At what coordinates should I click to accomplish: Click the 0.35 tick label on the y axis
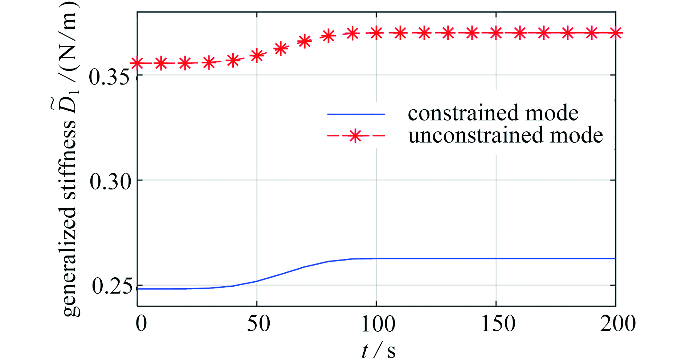click(109, 77)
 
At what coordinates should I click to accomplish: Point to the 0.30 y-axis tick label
click(110, 181)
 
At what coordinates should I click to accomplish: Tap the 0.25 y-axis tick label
click(111, 286)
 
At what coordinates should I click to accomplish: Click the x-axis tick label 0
click(141, 323)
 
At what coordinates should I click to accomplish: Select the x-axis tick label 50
click(258, 323)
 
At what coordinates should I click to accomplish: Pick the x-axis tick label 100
click(378, 323)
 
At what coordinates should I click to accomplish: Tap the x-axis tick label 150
click(498, 323)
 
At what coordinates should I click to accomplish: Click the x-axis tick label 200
click(618, 323)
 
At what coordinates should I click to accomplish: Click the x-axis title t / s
click(379, 350)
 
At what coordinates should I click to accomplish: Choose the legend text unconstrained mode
click(505, 135)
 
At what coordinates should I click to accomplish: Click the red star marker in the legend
click(355, 136)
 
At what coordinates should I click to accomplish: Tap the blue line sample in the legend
click(356, 114)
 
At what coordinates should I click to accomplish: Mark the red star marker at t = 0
click(137, 64)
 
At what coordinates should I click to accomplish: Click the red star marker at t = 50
click(257, 56)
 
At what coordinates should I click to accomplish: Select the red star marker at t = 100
click(376, 33)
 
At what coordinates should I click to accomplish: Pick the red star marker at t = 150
click(496, 33)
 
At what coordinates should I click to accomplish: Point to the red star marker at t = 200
click(616, 33)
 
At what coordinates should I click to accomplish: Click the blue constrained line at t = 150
click(496, 258)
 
